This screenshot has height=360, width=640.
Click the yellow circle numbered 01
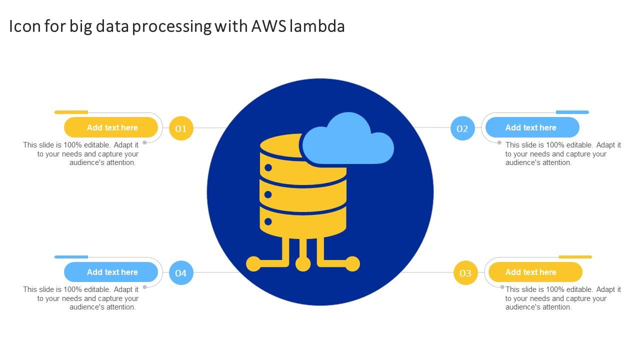click(181, 128)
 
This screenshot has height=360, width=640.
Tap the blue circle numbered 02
click(462, 128)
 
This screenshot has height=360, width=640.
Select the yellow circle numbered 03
click(465, 273)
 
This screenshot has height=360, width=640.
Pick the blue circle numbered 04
click(181, 273)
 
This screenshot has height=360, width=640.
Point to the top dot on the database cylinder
click(268, 167)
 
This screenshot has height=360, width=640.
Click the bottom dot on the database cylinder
click(268, 221)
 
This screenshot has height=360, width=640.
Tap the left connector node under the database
click(253, 264)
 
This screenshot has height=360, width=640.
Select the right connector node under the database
click(352, 264)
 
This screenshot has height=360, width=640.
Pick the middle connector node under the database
click(303, 264)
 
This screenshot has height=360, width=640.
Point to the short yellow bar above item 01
click(71, 112)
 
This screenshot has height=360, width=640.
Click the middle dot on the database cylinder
click(268, 194)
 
